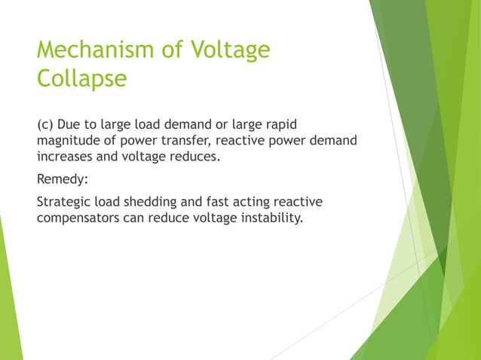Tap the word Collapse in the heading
tap(81, 79)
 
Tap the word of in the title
tap(169, 50)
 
